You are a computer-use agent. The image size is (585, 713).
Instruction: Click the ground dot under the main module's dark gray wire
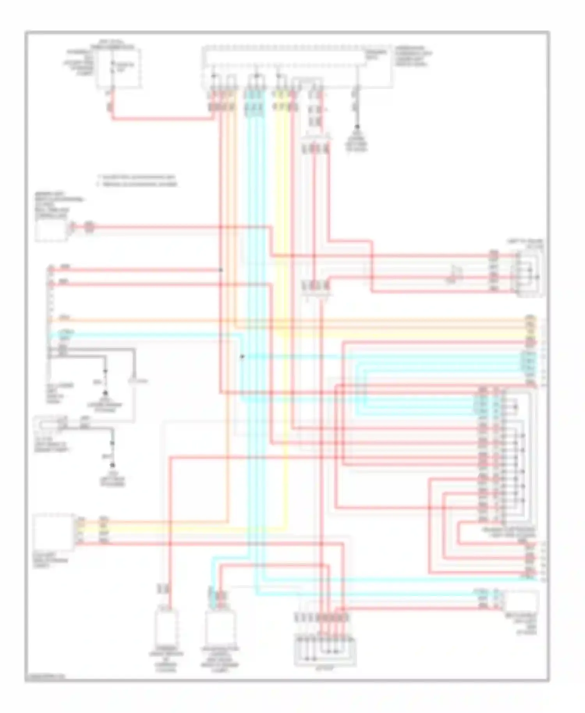coord(356,127)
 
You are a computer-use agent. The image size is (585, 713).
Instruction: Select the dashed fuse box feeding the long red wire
coord(119,67)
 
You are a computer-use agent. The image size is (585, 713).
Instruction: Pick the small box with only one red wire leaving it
coord(51,230)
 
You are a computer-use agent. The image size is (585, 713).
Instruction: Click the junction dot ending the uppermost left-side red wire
coord(221,270)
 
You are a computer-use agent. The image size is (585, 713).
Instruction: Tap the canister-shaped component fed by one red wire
coord(167,628)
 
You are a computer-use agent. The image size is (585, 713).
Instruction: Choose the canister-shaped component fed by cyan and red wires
coord(220,628)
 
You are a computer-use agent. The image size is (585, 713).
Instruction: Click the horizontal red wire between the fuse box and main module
coord(164,118)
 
